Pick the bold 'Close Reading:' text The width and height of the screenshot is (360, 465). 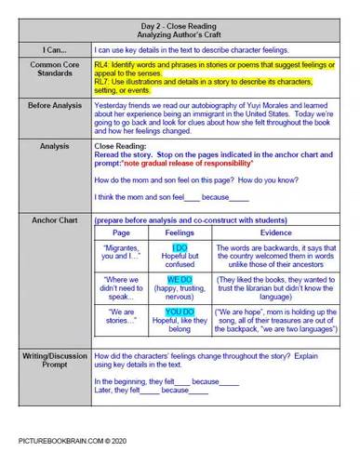click(x=121, y=146)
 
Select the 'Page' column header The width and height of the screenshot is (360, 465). click(x=121, y=232)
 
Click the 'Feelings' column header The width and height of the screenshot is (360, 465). click(x=180, y=232)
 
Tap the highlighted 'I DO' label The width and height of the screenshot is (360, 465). click(x=180, y=246)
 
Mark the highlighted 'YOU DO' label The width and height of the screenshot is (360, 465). click(x=180, y=312)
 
